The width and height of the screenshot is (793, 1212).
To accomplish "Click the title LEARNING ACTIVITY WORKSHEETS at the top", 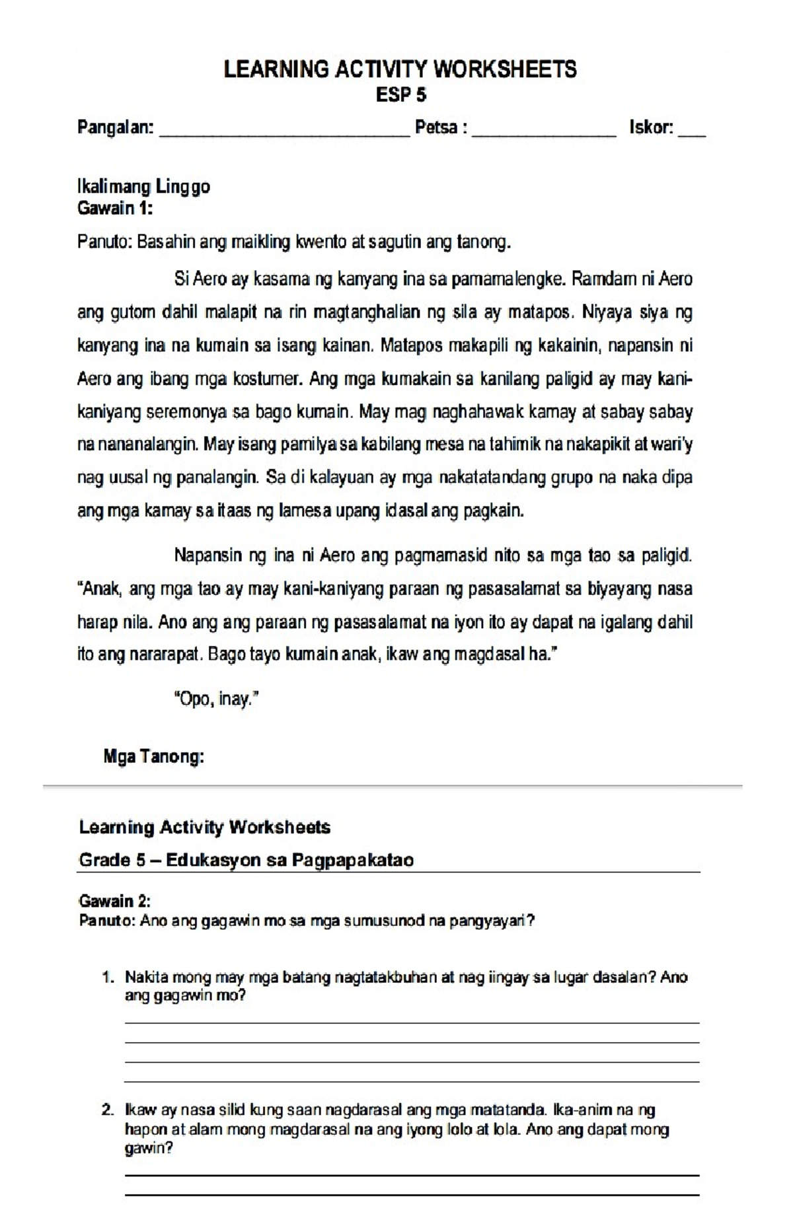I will click(400, 69).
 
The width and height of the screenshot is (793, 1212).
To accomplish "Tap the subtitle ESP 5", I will click(401, 95).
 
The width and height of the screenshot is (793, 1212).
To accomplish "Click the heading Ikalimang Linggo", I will click(143, 187).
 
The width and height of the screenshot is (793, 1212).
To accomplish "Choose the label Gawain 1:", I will click(115, 209).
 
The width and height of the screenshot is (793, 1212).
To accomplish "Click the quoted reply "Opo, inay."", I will click(215, 699).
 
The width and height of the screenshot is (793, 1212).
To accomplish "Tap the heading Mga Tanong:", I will click(153, 757).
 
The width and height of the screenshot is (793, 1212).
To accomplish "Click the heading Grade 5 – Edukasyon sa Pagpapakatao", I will click(246, 860).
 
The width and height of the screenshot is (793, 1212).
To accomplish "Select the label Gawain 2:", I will click(114, 901).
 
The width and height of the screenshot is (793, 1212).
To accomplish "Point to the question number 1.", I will click(108, 978).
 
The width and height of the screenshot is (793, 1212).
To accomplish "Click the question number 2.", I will click(108, 1110).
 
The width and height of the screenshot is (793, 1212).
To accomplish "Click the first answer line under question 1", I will click(412, 1022).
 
